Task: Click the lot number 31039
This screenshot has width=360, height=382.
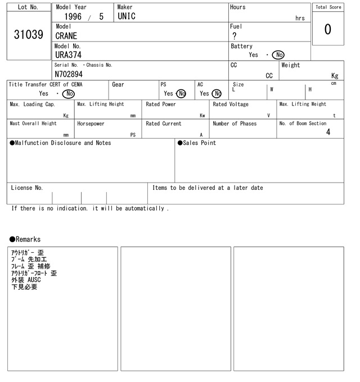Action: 28,35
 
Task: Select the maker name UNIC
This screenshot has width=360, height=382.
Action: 127,17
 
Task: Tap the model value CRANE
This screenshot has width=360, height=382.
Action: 66,36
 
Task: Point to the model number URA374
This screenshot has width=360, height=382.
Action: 68,55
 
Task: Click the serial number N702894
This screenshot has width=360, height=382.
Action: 69,74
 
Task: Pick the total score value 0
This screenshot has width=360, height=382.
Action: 328,29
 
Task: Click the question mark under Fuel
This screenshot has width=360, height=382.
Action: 235,36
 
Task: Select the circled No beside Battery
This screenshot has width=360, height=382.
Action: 278,55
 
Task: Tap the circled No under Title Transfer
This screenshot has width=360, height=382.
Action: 68,94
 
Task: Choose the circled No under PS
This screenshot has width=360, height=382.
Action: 181,94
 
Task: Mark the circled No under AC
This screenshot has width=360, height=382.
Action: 217,94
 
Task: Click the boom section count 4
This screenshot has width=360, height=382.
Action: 328,133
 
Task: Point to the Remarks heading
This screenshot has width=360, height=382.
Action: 25,239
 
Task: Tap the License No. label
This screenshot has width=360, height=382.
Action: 26,188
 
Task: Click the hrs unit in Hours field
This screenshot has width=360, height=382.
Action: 300,19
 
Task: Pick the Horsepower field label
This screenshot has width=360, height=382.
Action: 91,124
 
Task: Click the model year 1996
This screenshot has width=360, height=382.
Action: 74,17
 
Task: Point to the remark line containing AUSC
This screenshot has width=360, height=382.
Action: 26,280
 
